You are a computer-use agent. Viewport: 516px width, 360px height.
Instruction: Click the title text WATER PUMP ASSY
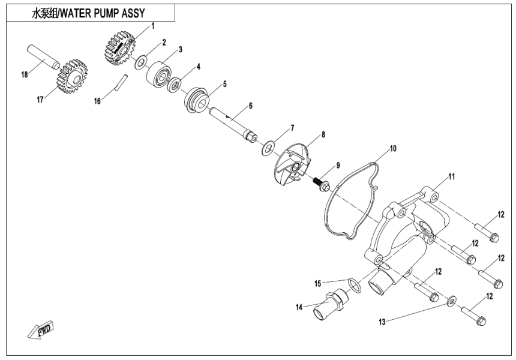pos(88,13)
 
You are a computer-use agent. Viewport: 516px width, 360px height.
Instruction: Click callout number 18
pos(25,75)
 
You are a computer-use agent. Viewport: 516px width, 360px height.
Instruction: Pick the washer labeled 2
pos(142,61)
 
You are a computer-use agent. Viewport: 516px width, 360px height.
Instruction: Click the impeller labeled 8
pos(296,165)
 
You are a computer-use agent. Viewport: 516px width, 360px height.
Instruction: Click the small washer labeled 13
pos(450,298)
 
